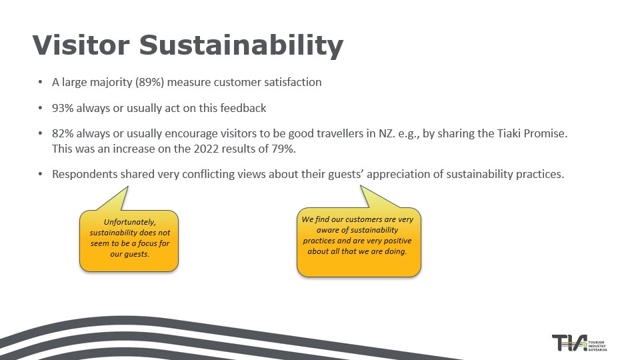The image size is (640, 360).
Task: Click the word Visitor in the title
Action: [81, 45]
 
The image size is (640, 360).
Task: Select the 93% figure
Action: [63, 108]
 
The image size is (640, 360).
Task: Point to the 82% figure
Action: [63, 133]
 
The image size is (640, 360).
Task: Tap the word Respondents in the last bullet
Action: [85, 174]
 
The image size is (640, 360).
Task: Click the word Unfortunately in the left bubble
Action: [130, 222]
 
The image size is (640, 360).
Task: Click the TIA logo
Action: [579, 343]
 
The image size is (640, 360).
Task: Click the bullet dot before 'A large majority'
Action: [40, 82]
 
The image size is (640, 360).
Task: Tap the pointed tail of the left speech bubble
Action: [127, 187]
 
